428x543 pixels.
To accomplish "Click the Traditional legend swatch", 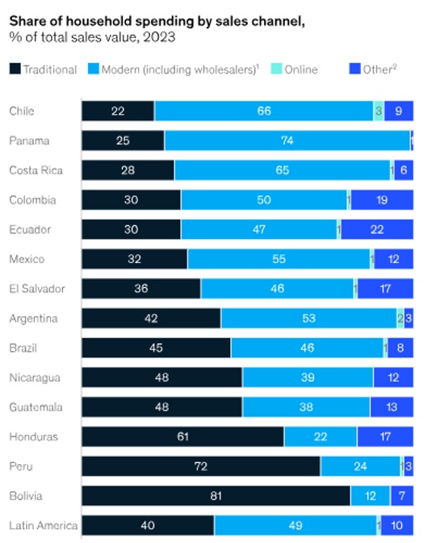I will click(15, 69).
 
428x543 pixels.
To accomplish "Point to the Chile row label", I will click(21, 111).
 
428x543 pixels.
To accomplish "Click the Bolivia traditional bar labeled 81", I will click(216, 495).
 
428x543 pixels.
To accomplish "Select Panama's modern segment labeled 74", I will click(287, 141).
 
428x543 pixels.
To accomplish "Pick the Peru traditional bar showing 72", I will click(201, 466).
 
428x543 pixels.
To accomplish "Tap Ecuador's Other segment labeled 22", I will click(377, 230).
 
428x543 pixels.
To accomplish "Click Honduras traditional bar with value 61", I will click(183, 436).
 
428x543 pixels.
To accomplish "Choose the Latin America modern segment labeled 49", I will click(295, 525).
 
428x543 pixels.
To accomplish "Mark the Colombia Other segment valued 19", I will click(381, 200).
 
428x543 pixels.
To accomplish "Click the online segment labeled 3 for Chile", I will click(378, 111).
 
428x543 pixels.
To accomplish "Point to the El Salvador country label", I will click(36, 289).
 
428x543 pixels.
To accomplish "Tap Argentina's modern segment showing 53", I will click(308, 319).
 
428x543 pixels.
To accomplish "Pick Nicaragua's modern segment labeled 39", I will click(308, 378).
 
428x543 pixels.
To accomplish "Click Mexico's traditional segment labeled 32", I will click(134, 259).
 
